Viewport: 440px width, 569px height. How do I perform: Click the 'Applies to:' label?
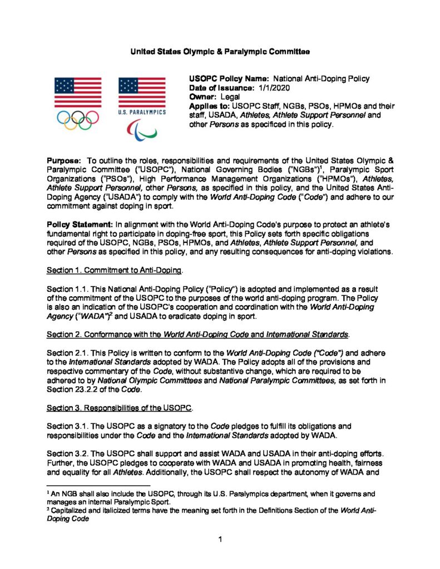click(x=210, y=106)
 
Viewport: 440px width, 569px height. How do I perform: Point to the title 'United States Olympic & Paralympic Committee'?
click(x=220, y=52)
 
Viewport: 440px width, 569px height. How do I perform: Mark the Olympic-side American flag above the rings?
click(x=77, y=92)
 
